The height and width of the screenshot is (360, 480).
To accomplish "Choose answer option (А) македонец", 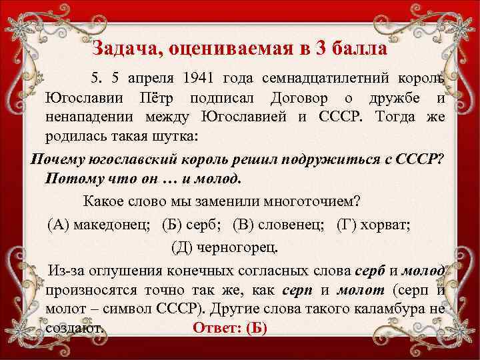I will click(100, 223).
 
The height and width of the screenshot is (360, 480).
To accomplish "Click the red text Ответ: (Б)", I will click(229, 329).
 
